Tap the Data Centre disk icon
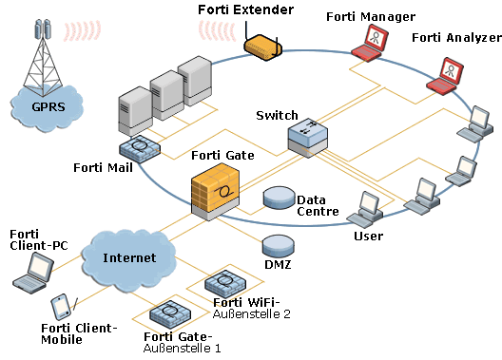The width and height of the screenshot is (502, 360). (279, 198)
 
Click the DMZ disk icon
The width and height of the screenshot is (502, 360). (278, 244)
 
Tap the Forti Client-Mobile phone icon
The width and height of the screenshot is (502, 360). (60, 307)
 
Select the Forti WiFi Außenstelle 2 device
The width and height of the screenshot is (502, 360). (225, 283)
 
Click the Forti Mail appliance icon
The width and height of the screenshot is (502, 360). (140, 147)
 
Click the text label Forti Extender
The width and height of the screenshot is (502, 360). (246, 9)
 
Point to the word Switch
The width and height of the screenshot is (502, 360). (277, 115)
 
